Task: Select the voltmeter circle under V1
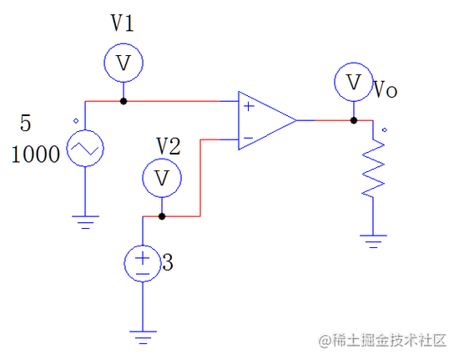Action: coord(124,63)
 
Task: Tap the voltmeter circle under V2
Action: coord(161,178)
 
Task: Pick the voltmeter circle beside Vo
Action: coord(353,82)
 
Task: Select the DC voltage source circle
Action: coord(143,264)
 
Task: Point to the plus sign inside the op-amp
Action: coord(249,106)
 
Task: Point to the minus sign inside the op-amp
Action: coord(249,136)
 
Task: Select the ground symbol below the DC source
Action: coord(143,335)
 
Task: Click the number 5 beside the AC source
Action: coord(25,124)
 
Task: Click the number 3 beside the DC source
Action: coord(167,264)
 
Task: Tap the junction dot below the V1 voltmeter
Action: coord(124,101)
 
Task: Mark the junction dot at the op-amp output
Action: coord(353,120)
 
